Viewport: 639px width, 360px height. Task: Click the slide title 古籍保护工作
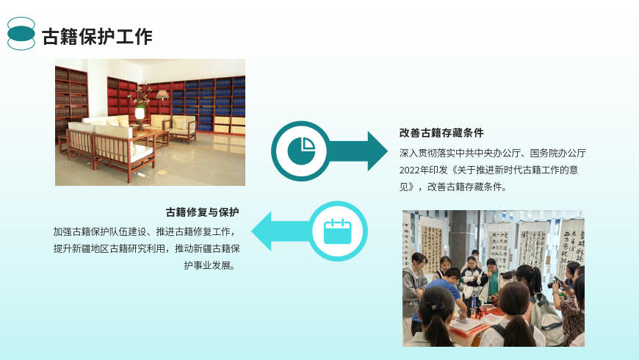point(97,37)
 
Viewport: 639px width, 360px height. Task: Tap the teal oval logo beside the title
point(21,34)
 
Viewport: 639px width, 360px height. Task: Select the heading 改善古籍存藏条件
point(441,133)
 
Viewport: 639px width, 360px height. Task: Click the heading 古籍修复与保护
point(203,212)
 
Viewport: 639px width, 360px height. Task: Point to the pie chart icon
point(302,151)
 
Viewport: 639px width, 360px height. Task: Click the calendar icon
point(337,231)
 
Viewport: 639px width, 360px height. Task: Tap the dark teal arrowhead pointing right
point(378,151)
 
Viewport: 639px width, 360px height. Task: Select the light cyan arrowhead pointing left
point(261,231)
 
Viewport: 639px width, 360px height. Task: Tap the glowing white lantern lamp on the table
point(140,113)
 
